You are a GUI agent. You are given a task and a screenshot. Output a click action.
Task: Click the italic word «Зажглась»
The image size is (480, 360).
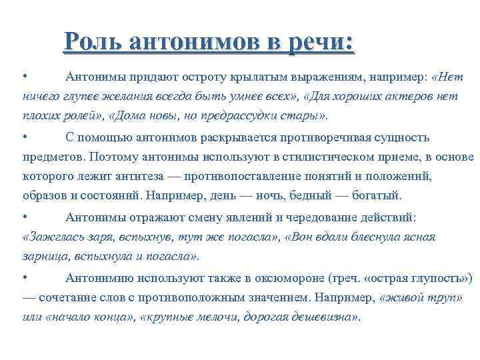[x=47, y=237]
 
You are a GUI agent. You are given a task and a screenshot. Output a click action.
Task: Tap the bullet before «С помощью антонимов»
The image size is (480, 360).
[x=24, y=138]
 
